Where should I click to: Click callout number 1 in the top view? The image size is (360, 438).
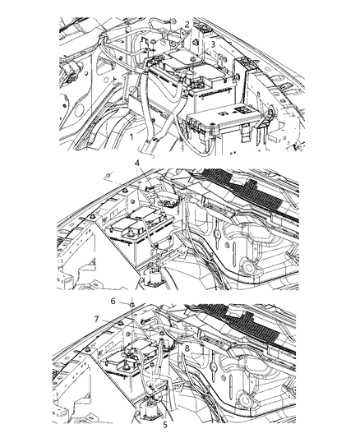(131, 137)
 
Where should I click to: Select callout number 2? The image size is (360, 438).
(187, 25)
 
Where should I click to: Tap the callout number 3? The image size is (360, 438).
(213, 44)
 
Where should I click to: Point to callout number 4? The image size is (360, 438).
(137, 163)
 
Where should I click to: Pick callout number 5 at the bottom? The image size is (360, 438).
(165, 425)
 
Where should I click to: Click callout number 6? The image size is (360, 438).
(113, 301)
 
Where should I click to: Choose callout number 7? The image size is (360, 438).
(97, 319)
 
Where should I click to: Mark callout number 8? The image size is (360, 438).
(187, 348)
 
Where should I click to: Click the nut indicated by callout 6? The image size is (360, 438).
(132, 303)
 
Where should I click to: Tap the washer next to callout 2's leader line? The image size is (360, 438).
(154, 42)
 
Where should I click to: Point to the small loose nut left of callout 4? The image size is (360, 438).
(108, 176)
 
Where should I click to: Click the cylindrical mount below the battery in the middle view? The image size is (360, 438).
(153, 278)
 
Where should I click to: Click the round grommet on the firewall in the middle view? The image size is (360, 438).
(248, 268)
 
